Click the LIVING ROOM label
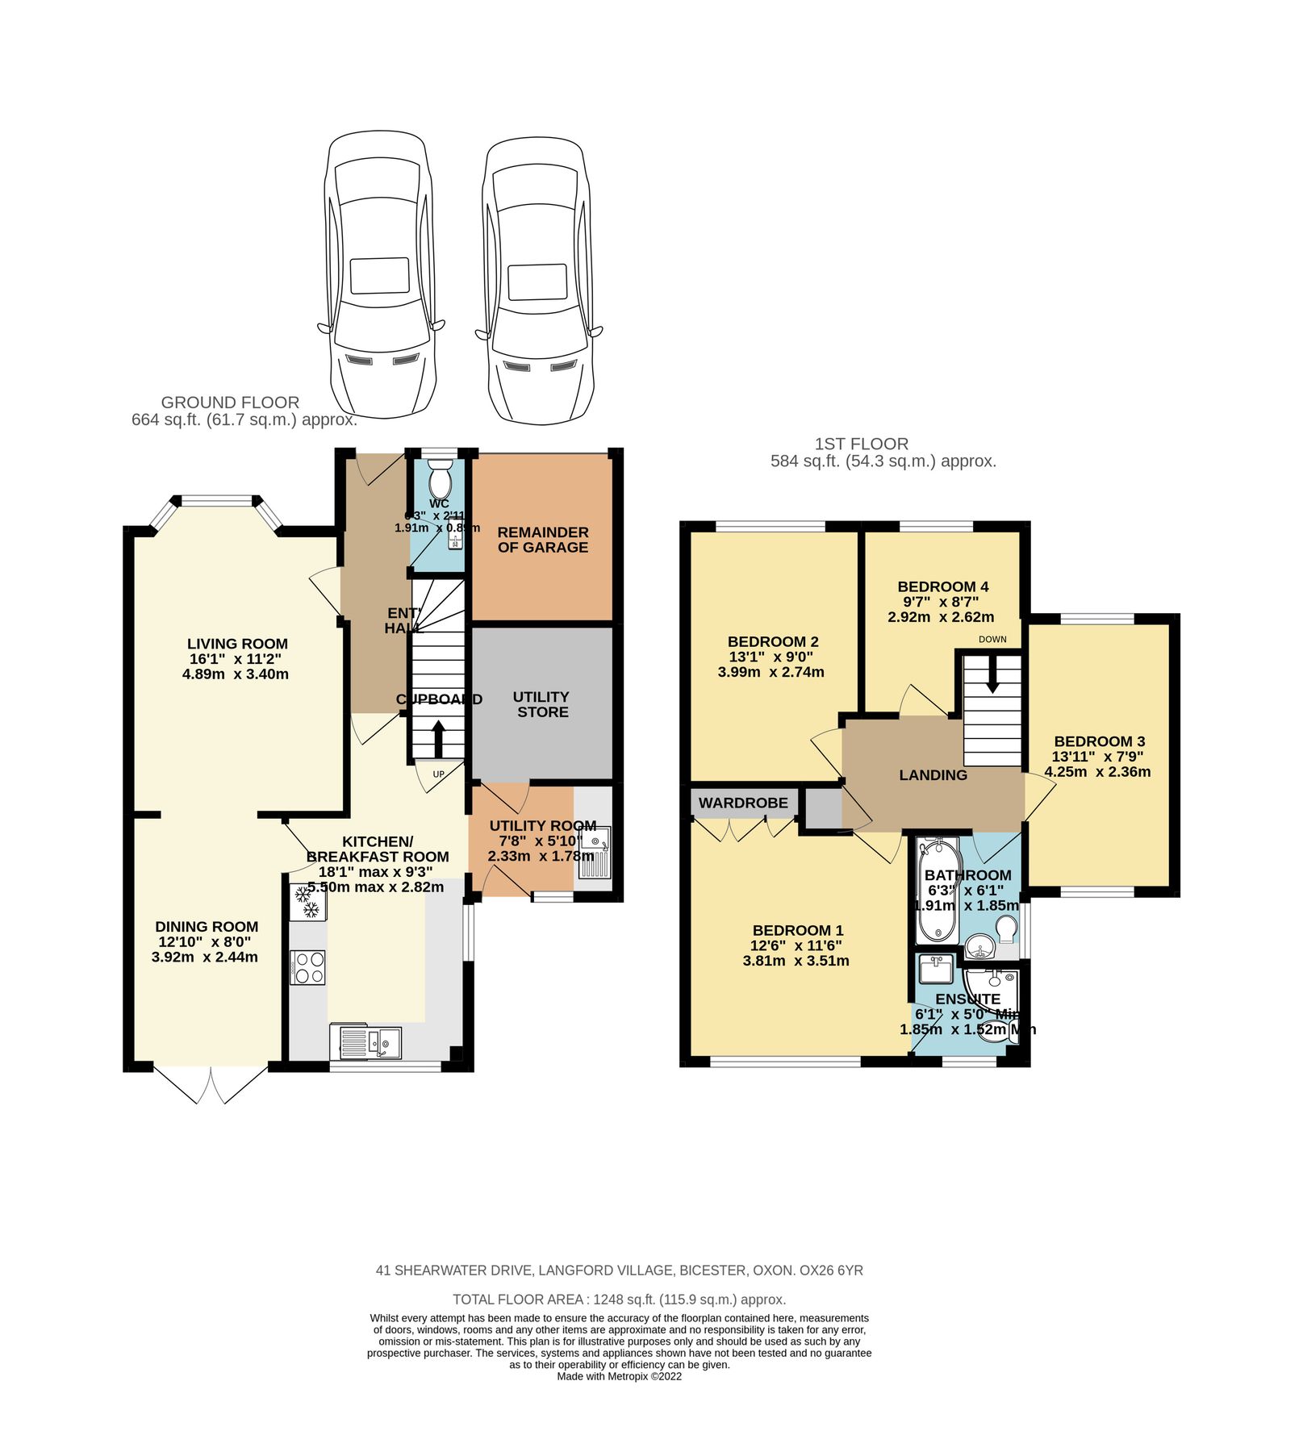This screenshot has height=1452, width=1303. click(237, 644)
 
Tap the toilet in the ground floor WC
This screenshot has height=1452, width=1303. click(440, 483)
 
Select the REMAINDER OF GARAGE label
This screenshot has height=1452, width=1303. click(543, 540)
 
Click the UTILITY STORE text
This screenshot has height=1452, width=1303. click(542, 704)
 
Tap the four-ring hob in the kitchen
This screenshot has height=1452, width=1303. click(308, 967)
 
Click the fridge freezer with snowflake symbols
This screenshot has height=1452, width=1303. click(307, 903)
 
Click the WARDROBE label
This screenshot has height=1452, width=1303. click(743, 803)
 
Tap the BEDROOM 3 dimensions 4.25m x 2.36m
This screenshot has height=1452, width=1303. click(1097, 772)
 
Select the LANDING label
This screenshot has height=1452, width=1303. click(933, 775)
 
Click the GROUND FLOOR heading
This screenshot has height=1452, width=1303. click(230, 403)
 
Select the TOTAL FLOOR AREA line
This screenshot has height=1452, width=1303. click(619, 1300)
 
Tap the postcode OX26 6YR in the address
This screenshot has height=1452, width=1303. click(831, 1270)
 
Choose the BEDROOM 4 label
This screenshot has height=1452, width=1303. click(942, 586)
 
